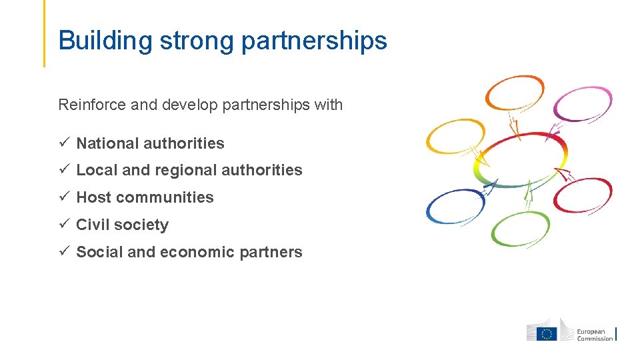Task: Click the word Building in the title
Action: [106, 41]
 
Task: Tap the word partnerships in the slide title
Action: [314, 41]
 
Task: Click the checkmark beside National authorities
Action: [63, 143]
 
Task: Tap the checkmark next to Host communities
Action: [63, 197]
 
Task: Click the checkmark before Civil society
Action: [63, 224]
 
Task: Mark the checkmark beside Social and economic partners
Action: [63, 251]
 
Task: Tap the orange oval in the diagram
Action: [514, 92]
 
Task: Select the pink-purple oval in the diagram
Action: [583, 103]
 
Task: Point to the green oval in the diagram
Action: [520, 229]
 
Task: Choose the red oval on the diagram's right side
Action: [583, 195]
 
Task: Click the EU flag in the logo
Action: [548, 333]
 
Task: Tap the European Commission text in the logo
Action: [595, 335]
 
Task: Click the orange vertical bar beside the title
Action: [44, 33]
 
